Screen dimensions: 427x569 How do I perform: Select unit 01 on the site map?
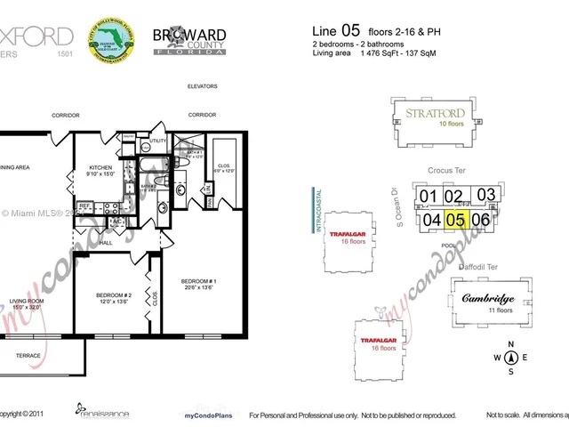coord(429,197)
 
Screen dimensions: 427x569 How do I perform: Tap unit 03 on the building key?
coord(485,195)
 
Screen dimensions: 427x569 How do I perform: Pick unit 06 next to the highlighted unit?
coord(481,220)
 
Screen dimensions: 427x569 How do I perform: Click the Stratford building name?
coord(435,114)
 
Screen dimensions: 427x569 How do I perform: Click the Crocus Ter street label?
coord(446,170)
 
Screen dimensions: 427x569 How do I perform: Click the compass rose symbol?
coord(510,358)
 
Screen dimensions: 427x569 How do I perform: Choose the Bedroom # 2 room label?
coord(114,297)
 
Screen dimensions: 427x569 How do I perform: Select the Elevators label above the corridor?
coord(203,86)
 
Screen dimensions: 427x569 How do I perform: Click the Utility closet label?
coord(157,141)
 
